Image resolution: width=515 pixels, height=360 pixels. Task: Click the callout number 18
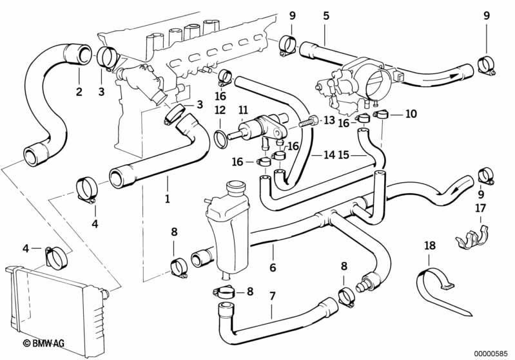(430, 245)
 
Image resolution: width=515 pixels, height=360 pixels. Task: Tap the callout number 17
(480, 208)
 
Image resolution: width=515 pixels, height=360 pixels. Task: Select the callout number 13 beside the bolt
(329, 120)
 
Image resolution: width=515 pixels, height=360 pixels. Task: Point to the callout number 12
(220, 110)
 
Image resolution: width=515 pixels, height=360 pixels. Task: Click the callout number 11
(243, 110)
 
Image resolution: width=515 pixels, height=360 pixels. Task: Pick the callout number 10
(411, 114)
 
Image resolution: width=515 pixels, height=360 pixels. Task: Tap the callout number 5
(326, 15)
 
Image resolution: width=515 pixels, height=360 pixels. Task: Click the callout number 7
(272, 297)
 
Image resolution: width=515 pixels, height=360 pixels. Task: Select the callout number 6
(273, 267)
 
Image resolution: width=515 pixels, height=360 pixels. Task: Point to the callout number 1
(167, 198)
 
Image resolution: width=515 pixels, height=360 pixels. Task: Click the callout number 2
(79, 91)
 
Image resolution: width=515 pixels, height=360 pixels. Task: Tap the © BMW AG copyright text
(44, 343)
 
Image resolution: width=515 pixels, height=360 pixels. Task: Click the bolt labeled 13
(309, 122)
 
